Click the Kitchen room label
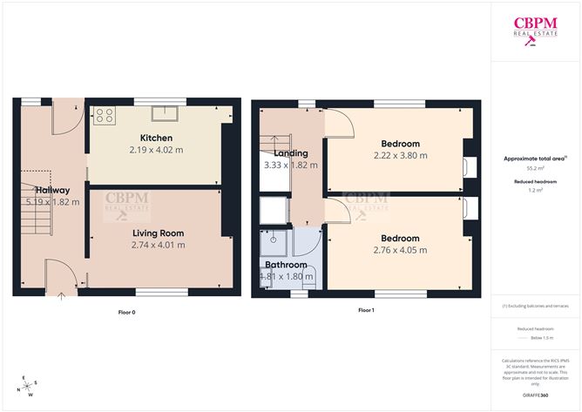pos(156,138)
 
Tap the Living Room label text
pos(158,233)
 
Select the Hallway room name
pos(51,189)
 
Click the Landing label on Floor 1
pos(290,153)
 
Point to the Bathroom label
pos(286,265)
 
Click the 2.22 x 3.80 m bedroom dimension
pos(400,156)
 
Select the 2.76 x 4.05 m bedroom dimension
pos(400,250)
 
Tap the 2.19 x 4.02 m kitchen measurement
pos(158,151)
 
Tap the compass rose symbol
pos(30,384)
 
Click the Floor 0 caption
pos(127,311)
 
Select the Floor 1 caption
pos(366,310)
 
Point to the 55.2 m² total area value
pos(535,167)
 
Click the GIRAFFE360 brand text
pos(535,395)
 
